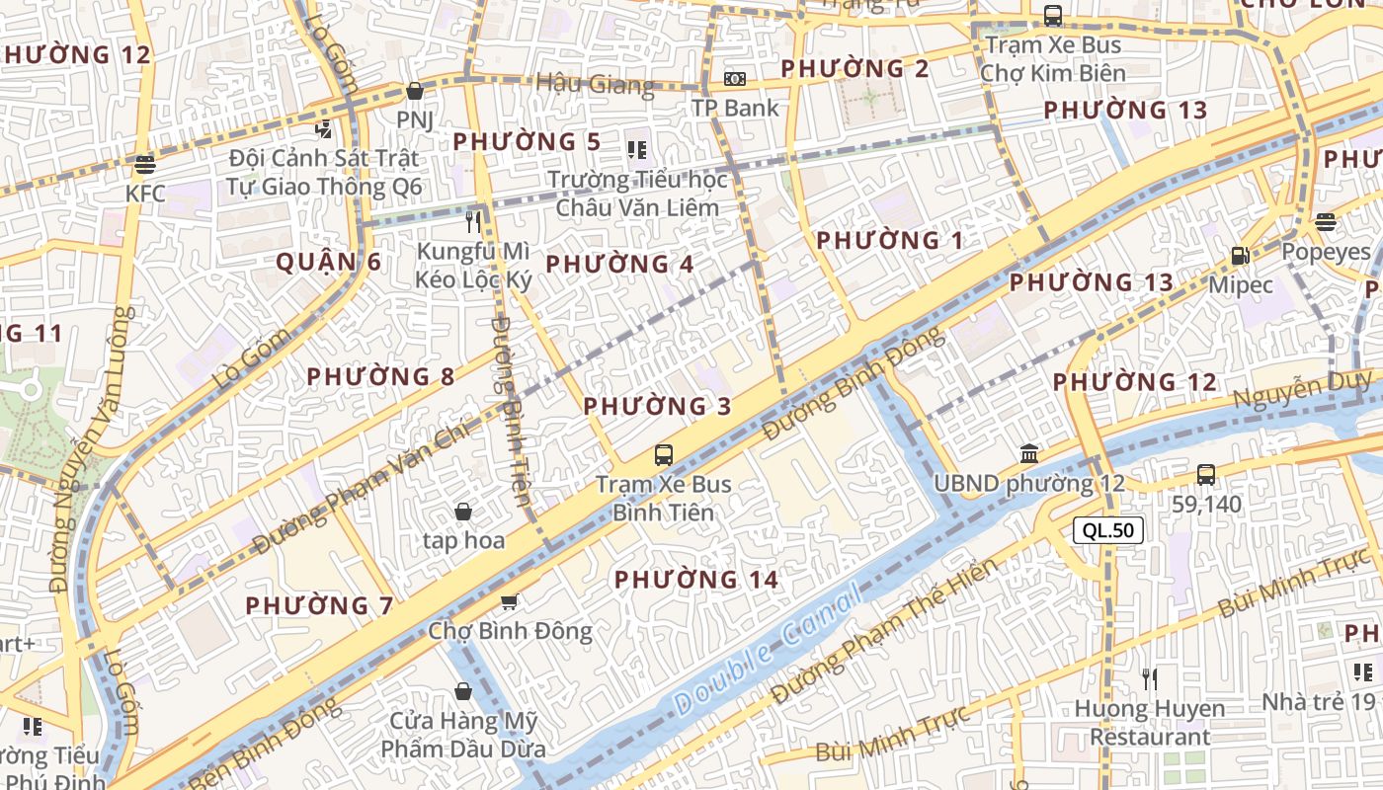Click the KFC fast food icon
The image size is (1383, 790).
[x=145, y=164]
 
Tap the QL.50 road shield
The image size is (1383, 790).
[x=1108, y=530]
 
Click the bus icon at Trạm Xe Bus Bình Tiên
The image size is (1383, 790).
[x=664, y=455]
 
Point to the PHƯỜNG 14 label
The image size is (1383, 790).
[x=696, y=580]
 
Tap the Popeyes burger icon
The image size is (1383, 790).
[x=1326, y=221]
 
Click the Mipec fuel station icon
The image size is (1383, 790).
[x=1240, y=256]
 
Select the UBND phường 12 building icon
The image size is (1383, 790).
[x=1029, y=454]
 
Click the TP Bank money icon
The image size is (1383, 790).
[x=735, y=78]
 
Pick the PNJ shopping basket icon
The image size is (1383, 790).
[x=415, y=91]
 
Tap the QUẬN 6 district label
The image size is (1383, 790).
[x=328, y=262]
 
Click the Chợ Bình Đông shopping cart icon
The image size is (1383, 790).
[x=510, y=601]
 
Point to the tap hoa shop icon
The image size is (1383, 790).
[x=462, y=511]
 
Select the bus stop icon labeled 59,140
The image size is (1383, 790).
[x=1206, y=474]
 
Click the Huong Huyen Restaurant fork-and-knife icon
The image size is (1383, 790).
[x=1149, y=678]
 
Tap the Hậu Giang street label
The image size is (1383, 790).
[x=595, y=84]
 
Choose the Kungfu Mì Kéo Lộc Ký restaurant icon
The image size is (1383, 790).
[x=474, y=221]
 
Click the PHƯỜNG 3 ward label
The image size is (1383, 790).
[x=657, y=406]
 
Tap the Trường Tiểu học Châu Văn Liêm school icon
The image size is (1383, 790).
[x=637, y=150]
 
